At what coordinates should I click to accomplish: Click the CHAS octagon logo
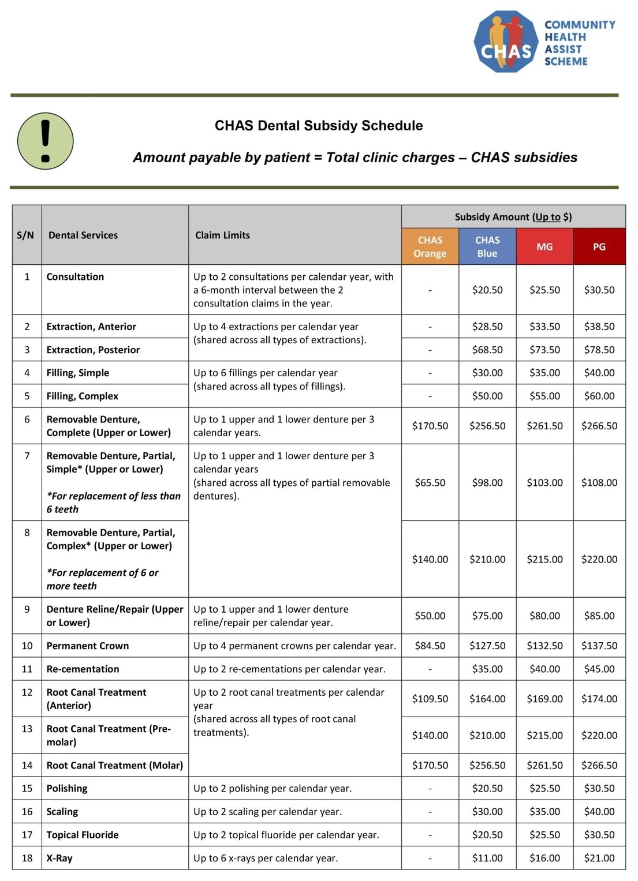click(506, 42)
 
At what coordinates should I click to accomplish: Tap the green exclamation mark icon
click(46, 141)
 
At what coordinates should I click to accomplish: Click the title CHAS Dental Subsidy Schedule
click(319, 126)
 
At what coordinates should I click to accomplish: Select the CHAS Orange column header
click(430, 246)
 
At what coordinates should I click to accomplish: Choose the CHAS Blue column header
click(487, 246)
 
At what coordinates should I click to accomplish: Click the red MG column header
click(544, 246)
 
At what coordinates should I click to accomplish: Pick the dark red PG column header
click(599, 246)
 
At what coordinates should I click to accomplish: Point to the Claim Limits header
click(222, 235)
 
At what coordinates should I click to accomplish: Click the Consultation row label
click(75, 277)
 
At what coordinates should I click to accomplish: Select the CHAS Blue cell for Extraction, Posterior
click(487, 350)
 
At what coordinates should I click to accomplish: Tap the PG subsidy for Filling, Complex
click(599, 396)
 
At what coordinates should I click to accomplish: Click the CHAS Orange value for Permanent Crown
click(430, 646)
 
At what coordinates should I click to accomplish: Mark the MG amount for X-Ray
click(544, 858)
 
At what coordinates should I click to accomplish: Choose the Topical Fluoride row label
click(83, 835)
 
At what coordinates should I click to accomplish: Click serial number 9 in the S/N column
click(27, 609)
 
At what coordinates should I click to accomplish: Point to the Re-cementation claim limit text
click(289, 669)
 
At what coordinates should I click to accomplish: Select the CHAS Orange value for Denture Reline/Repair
click(430, 616)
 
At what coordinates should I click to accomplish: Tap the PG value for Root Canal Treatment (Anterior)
click(599, 699)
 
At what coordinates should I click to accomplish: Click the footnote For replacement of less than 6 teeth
click(113, 503)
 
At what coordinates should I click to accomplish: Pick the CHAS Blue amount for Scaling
click(487, 812)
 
